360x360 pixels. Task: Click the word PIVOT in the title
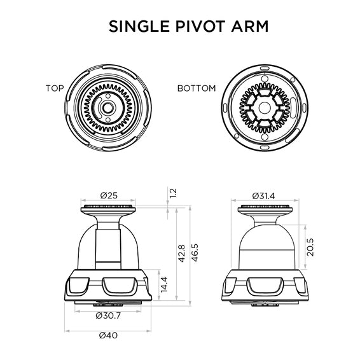point(190,27)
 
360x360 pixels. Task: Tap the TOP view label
point(55,88)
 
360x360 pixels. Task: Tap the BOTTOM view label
point(197,88)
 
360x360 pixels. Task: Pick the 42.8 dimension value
point(182,253)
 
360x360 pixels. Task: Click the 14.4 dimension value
point(163,284)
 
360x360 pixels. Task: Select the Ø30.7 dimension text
point(108,315)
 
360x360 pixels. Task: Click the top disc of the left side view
point(109,211)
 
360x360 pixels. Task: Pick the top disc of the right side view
point(267,211)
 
